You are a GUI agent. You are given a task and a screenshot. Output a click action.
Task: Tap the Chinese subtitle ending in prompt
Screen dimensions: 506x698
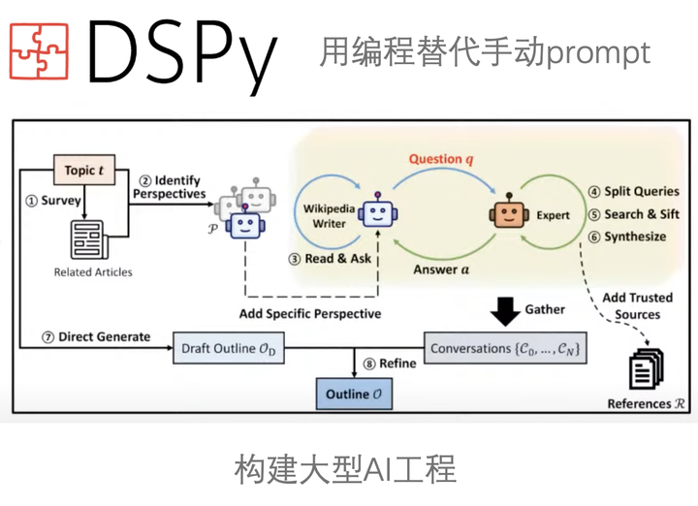pyautogui.click(x=485, y=51)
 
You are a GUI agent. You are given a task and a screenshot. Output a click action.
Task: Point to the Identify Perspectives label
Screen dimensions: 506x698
pyautogui.click(x=170, y=186)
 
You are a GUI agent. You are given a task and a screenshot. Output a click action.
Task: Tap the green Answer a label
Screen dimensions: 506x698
pyautogui.click(x=441, y=269)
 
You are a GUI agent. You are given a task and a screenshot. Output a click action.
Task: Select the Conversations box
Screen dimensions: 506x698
pyautogui.click(x=506, y=348)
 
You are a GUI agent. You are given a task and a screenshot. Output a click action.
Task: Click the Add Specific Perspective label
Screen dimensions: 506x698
pyautogui.click(x=310, y=313)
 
